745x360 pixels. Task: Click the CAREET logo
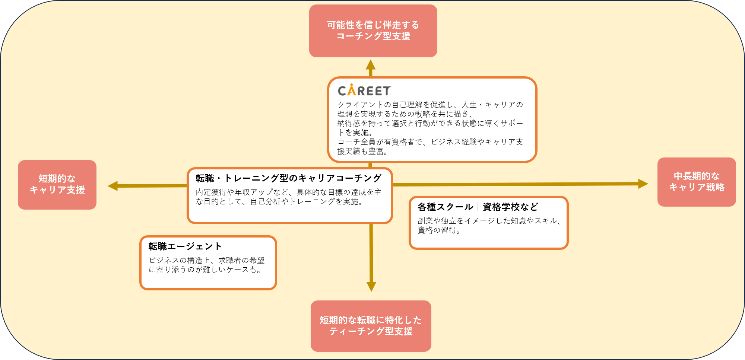click(364, 90)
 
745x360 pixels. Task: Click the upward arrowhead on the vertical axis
click(370, 65)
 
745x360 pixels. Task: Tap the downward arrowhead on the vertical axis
click(371, 286)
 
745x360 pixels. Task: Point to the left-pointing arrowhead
click(113, 186)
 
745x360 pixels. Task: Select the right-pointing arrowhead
click(643, 184)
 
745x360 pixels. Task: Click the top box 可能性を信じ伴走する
click(373, 31)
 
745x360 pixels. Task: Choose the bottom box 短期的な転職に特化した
click(371, 326)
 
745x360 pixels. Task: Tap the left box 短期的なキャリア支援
click(57, 185)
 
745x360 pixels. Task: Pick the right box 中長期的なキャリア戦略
click(696, 182)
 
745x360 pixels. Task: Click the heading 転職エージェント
click(185, 246)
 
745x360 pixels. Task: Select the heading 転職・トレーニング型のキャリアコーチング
click(288, 178)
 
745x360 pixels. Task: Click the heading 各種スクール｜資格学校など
click(478, 207)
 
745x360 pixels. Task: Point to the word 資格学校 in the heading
click(501, 207)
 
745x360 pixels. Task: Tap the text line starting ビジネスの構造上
click(207, 260)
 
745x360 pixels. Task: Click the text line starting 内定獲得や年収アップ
click(288, 192)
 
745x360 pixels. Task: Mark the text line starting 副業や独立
click(489, 221)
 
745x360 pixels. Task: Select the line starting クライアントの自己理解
click(430, 105)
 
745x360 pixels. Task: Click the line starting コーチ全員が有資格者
click(430, 142)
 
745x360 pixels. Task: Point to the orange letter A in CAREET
click(352, 90)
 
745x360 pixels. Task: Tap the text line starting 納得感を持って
click(430, 123)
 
